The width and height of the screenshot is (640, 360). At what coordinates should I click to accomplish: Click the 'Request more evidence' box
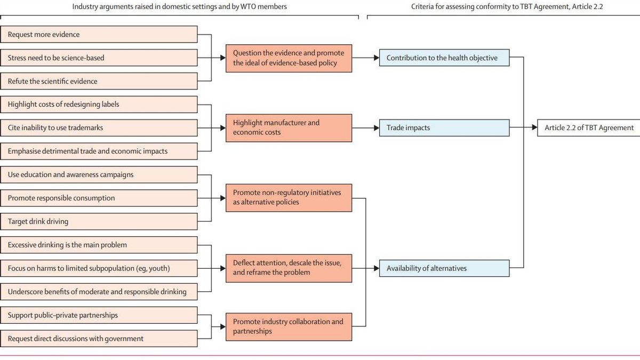click(x=99, y=35)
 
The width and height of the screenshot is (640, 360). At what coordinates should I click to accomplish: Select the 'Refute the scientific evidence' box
click(x=99, y=82)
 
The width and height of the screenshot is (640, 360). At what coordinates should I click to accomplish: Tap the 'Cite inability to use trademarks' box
click(x=99, y=128)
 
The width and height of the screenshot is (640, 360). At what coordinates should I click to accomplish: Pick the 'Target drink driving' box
click(x=99, y=221)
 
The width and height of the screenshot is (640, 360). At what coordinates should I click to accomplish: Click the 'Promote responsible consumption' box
click(x=99, y=198)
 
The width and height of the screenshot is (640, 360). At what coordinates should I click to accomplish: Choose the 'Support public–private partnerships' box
click(x=99, y=315)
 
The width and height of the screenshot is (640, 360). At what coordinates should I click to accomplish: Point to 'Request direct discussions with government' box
click(x=99, y=339)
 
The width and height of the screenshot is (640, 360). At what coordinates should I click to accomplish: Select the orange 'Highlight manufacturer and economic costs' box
click(x=289, y=127)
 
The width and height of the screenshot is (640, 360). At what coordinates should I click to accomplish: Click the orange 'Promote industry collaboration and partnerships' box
click(x=289, y=326)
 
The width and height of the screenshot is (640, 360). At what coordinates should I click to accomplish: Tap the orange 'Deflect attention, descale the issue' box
click(x=289, y=268)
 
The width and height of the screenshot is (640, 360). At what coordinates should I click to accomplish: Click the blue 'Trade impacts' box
click(x=444, y=128)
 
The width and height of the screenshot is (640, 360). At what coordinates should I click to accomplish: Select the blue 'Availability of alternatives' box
click(x=444, y=268)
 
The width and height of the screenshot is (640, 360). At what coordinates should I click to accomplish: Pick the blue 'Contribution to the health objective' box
click(x=444, y=58)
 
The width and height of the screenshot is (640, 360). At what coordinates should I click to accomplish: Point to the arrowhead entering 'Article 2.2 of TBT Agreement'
click(x=534, y=128)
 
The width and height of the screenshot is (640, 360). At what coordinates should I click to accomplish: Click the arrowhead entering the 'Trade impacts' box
click(x=376, y=128)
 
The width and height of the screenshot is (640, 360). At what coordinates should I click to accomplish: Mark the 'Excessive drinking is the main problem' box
click(x=99, y=245)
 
